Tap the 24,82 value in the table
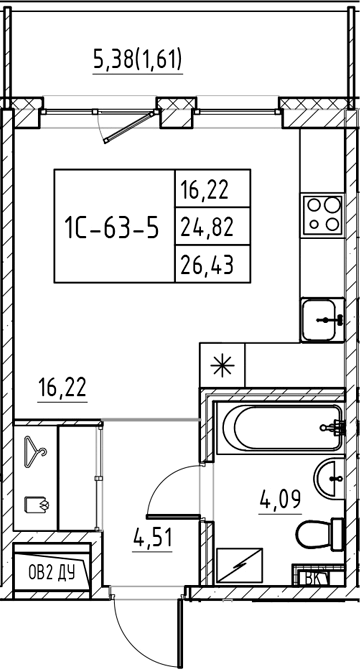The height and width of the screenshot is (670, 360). [207, 228]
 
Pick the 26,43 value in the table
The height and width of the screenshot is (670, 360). [207, 266]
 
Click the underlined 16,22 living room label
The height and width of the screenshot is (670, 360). [62, 388]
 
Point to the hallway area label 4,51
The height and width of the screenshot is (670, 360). [152, 537]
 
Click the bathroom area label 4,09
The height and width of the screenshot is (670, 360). [281, 498]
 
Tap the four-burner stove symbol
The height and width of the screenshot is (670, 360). [322, 215]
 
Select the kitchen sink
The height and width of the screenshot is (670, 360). [322, 320]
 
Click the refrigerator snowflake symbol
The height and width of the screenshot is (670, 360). [223, 366]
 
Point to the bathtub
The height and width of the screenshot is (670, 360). [279, 427]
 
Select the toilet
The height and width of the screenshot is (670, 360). [320, 533]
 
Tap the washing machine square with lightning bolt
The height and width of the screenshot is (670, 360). [240, 565]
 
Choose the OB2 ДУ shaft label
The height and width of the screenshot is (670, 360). [52, 573]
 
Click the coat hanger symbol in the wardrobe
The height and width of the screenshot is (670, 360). [35, 451]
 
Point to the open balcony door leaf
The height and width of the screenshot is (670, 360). [130, 126]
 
